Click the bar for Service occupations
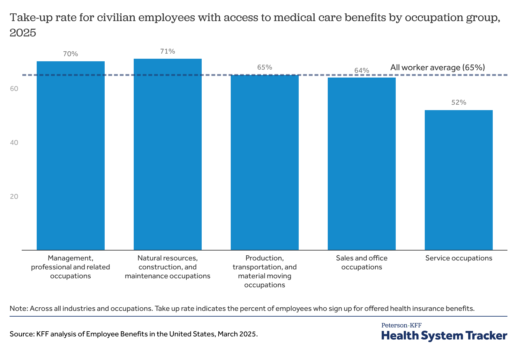click(459, 180)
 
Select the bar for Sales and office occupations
click(362, 164)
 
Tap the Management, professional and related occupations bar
click(71, 155)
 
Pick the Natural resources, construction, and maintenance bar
click(168, 154)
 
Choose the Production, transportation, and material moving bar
click(265, 162)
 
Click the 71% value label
click(168, 51)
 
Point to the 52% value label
click(459, 102)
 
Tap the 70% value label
click(71, 54)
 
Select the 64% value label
click(362, 70)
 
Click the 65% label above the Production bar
click(265, 67)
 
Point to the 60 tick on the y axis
click(14, 89)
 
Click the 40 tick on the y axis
click(14, 143)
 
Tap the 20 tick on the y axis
click(14, 197)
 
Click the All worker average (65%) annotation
click(438, 67)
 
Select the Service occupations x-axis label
click(459, 258)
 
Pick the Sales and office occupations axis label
click(362, 262)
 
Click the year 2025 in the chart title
click(23, 33)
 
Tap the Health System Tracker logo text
click(444, 336)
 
